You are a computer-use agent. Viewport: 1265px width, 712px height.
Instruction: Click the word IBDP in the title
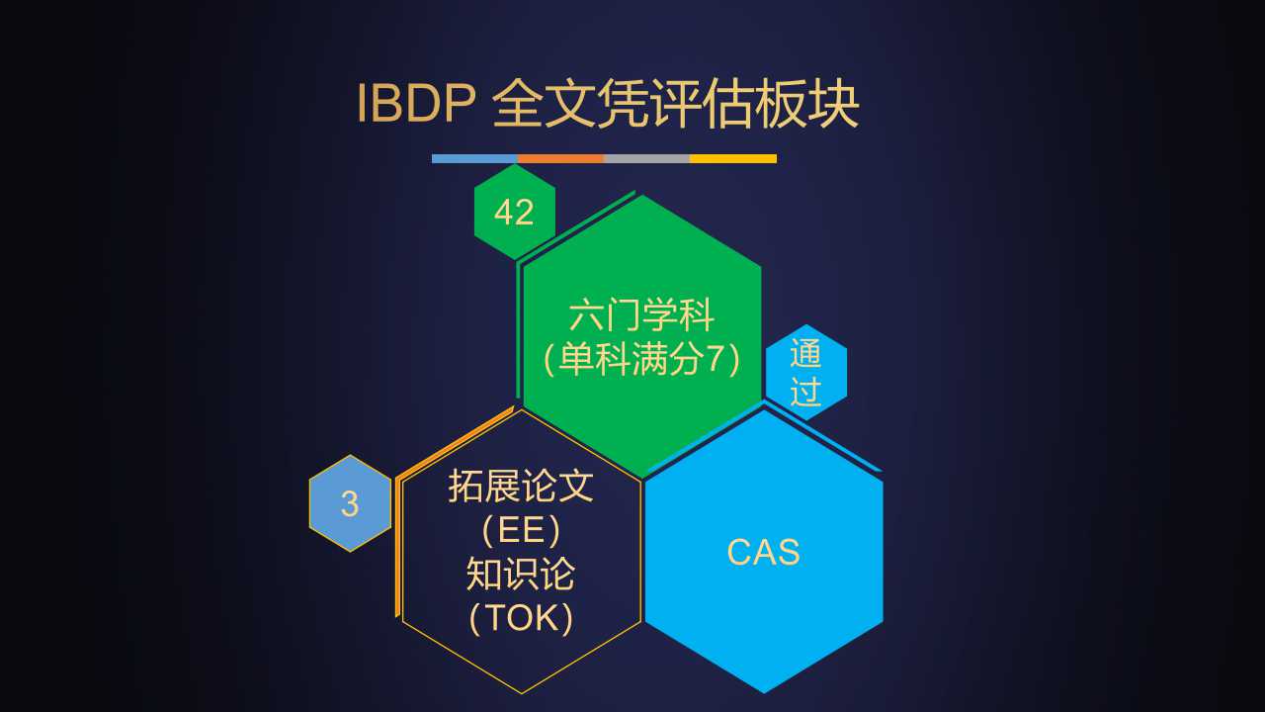(x=416, y=104)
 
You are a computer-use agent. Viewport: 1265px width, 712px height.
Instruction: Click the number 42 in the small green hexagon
(x=514, y=213)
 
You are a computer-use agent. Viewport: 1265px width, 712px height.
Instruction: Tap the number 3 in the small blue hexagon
(x=350, y=503)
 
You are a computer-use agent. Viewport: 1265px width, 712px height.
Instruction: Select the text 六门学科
(x=641, y=315)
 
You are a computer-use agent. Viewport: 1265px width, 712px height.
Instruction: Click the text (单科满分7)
(x=641, y=359)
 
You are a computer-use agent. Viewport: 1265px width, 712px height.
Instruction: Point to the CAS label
(x=764, y=552)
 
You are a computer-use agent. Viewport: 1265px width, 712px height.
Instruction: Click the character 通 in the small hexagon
(x=805, y=354)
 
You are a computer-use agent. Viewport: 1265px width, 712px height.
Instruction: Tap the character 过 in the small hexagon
(x=805, y=391)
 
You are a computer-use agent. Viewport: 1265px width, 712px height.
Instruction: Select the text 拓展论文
(x=521, y=486)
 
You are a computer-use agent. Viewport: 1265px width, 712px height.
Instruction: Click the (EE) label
(x=521, y=530)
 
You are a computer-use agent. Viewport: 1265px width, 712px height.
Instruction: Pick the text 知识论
(x=521, y=575)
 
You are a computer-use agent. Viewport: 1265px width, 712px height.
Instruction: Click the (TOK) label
(x=521, y=618)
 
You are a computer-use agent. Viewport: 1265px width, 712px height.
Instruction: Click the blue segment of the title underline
(x=475, y=159)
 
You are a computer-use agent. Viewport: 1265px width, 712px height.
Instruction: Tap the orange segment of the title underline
(x=560, y=159)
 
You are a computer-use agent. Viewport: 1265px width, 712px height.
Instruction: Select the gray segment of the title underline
(x=647, y=159)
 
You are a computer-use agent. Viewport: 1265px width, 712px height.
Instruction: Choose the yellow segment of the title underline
(x=733, y=159)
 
